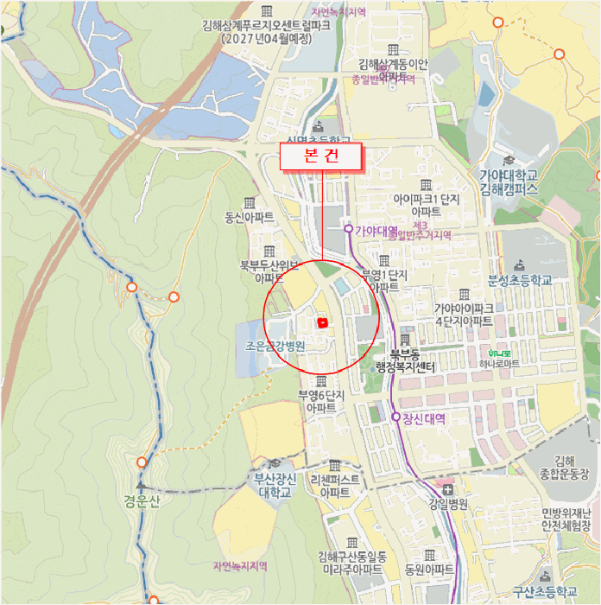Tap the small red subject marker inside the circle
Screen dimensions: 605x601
(x=323, y=322)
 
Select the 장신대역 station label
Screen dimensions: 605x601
(x=424, y=417)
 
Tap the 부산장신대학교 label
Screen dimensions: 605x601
(x=275, y=485)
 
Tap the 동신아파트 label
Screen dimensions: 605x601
(x=250, y=216)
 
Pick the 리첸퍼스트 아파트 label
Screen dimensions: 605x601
(x=334, y=485)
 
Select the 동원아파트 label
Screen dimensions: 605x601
(x=429, y=570)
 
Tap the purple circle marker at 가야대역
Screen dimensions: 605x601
(x=348, y=229)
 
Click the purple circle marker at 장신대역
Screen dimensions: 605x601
(x=396, y=417)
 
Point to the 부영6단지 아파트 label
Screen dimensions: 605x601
(x=321, y=400)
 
